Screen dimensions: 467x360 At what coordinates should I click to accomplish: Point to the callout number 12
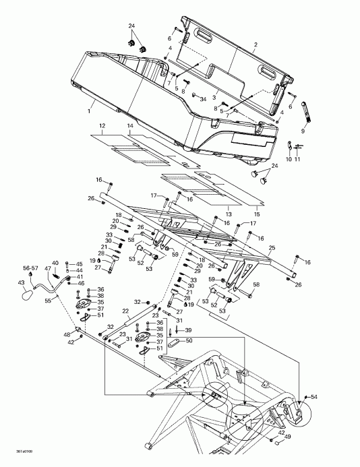[102, 126]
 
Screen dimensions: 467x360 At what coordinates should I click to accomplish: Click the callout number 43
[20, 282]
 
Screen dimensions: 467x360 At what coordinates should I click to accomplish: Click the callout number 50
[189, 341]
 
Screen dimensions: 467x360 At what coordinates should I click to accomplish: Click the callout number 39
[189, 330]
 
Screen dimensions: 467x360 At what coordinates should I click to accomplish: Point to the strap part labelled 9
[303, 108]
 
